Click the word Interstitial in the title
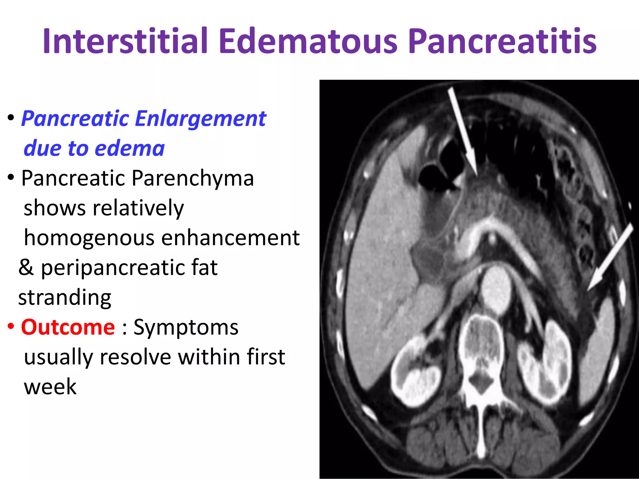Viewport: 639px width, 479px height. (x=125, y=41)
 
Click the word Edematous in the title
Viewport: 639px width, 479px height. (x=308, y=41)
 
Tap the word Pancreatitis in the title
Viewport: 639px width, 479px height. (x=502, y=41)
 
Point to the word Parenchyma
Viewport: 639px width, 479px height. (x=193, y=178)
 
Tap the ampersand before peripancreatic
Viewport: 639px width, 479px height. (x=26, y=268)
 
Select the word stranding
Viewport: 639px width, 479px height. (x=65, y=297)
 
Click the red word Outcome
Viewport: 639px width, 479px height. (x=68, y=327)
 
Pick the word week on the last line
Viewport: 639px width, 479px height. (x=50, y=387)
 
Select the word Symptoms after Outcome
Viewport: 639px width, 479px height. (x=186, y=327)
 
